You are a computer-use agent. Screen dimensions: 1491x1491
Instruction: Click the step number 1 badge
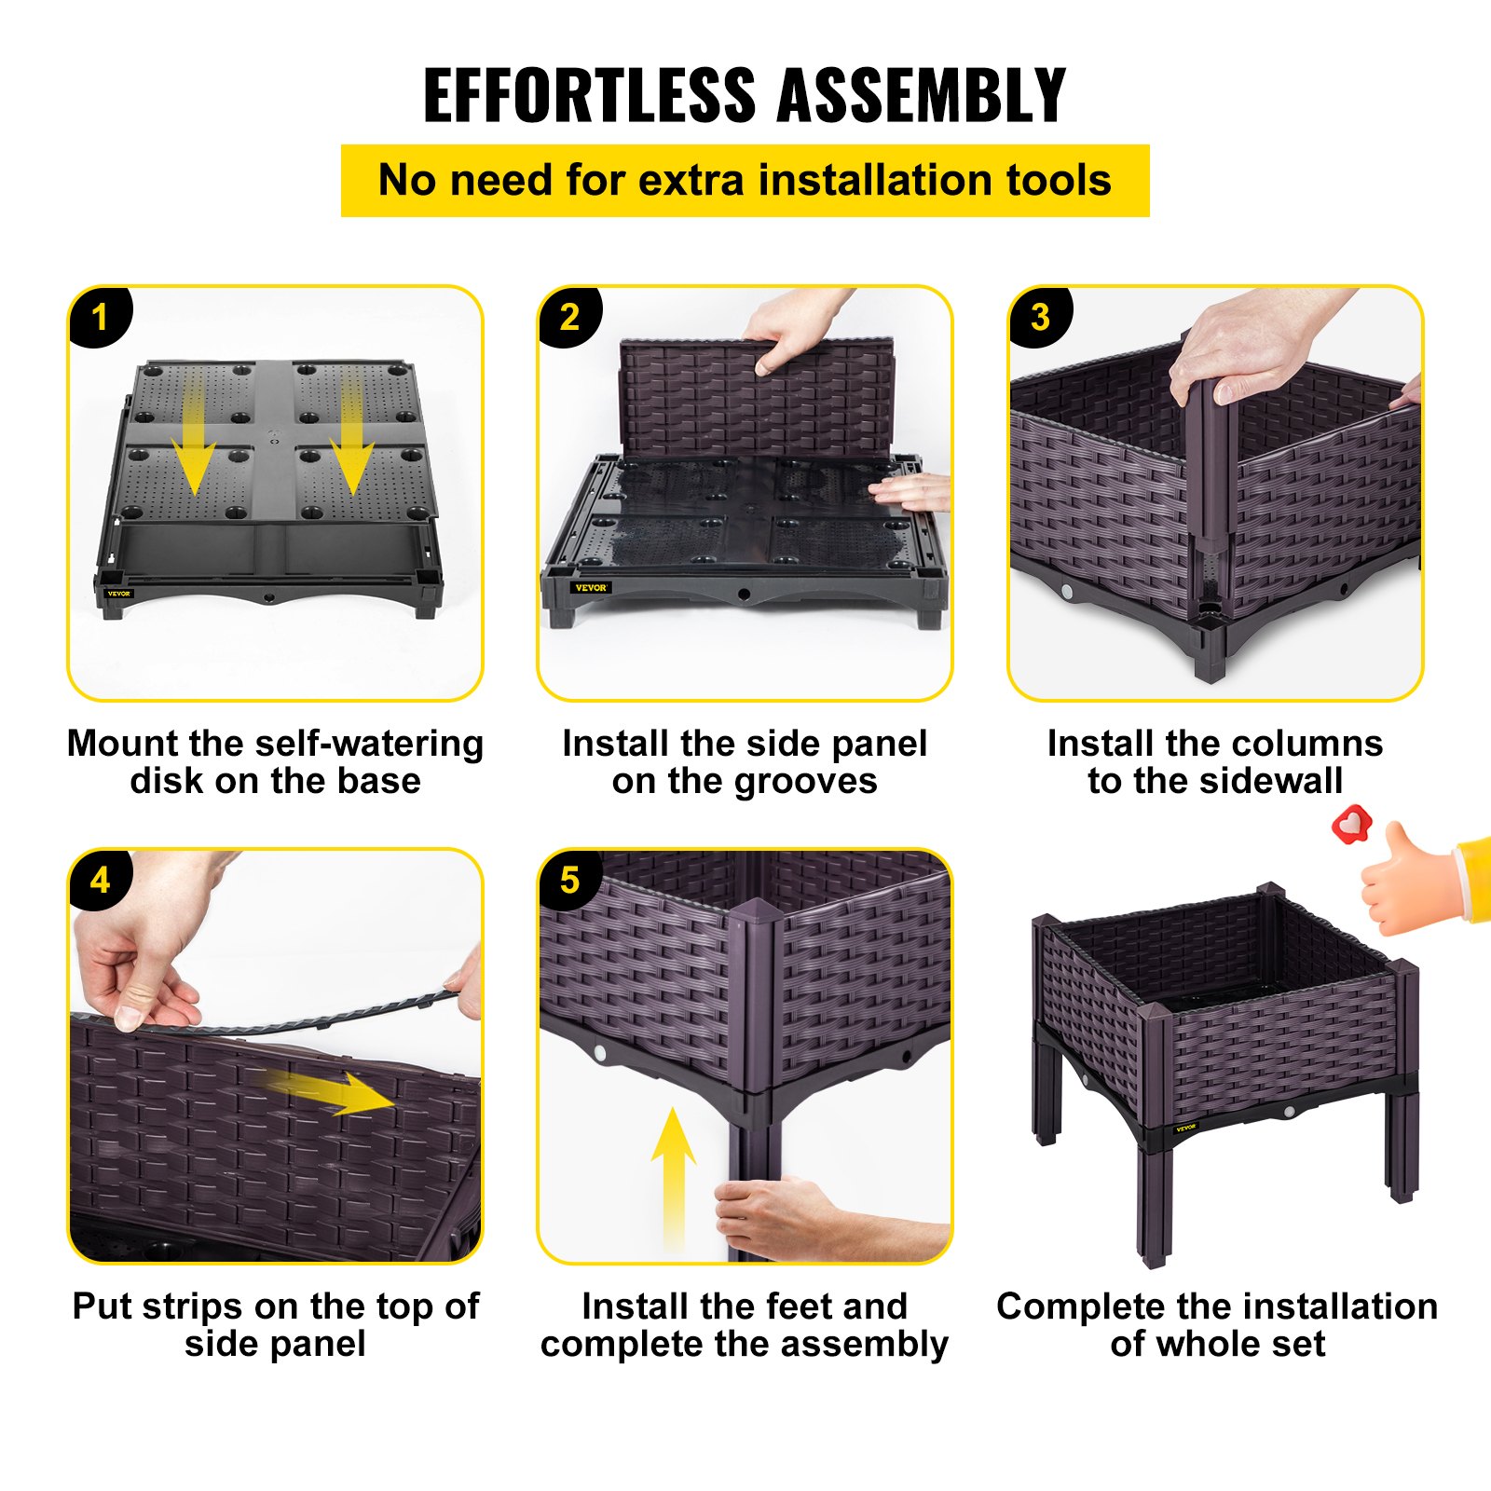tap(100, 317)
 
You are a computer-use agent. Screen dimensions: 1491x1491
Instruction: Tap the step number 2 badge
tap(569, 317)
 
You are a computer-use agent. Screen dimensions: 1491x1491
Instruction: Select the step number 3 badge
tap(1040, 317)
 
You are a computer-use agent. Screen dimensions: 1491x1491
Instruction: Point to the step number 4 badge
tap(100, 880)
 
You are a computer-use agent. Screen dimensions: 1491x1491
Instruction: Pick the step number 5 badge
tap(569, 880)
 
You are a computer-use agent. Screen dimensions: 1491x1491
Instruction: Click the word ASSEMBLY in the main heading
tap(922, 95)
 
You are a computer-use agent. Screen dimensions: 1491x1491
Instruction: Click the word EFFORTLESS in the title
tap(589, 95)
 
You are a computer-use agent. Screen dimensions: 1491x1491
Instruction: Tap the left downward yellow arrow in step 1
tap(194, 431)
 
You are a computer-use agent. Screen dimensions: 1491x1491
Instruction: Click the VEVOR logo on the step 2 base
tap(591, 588)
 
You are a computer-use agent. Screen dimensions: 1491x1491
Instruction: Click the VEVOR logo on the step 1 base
tap(119, 594)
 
